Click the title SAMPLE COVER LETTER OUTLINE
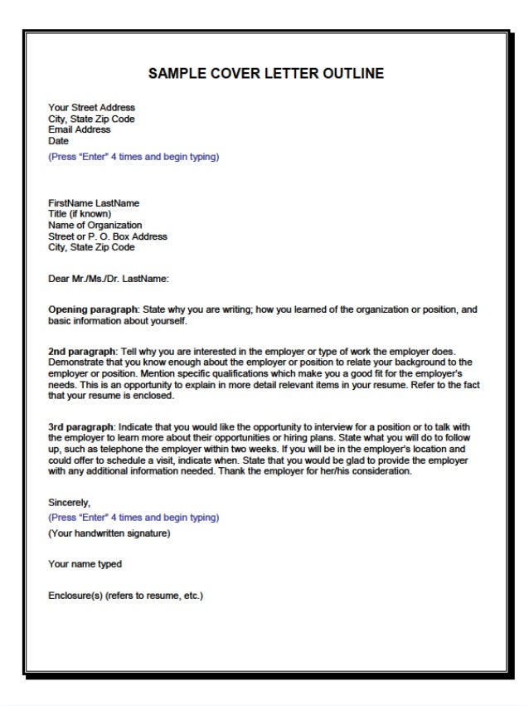pos(265,74)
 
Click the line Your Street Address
pos(91,108)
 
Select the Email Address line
pos(79,129)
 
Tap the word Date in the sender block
pos(58,141)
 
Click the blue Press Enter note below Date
pos(133,156)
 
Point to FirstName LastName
pos(94,203)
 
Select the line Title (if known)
pos(80,214)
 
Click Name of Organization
pos(95,225)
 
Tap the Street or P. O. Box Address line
pos(108,236)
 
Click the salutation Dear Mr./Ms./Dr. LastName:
pos(109,279)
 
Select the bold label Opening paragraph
pos(93,309)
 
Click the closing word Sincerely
pos(69,503)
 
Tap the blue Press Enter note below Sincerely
pos(133,517)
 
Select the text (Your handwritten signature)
pos(109,533)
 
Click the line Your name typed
pos(85,564)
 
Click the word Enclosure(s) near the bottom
pos(75,596)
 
